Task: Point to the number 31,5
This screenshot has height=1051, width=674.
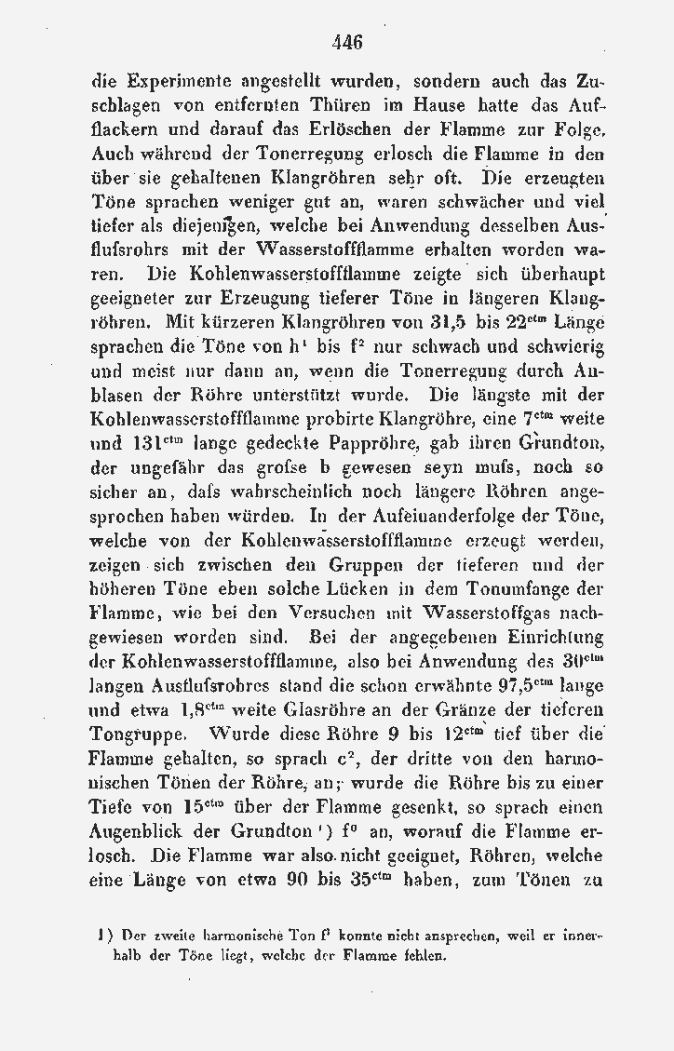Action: (454, 324)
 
